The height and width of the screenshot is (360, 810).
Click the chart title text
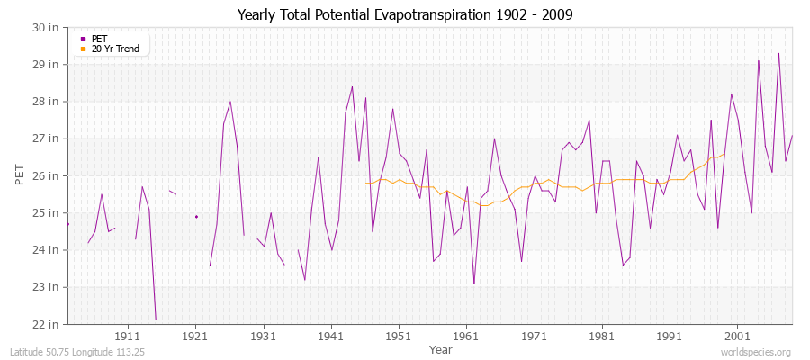pyautogui.click(x=405, y=14)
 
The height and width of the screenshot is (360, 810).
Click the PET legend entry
pyautogui.click(x=99, y=39)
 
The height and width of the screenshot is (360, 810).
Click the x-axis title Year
pyautogui.click(x=441, y=349)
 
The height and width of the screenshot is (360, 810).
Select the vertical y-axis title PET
pyautogui.click(x=21, y=175)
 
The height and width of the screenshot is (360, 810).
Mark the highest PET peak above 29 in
pyautogui.click(x=778, y=53)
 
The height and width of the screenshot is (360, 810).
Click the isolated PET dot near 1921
pyautogui.click(x=196, y=216)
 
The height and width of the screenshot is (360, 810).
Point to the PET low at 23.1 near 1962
pyautogui.click(x=474, y=283)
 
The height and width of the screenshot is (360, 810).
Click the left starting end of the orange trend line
pyautogui.click(x=365, y=183)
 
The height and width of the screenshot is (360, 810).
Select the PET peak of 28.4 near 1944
pyautogui.click(x=352, y=86)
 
